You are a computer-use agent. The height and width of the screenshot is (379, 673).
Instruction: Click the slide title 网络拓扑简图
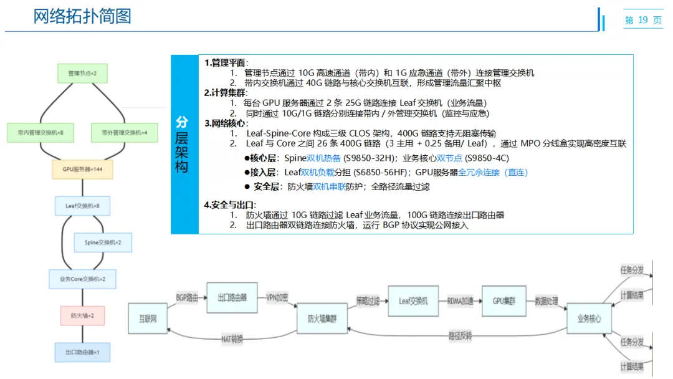tap(82, 16)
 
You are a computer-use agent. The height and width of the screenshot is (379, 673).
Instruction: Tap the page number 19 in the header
tap(643, 21)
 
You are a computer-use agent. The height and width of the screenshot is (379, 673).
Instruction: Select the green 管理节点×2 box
tap(82, 74)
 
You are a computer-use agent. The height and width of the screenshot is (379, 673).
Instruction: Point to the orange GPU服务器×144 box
tap(82, 169)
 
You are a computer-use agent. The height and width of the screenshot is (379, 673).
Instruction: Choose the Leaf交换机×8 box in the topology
tap(82, 205)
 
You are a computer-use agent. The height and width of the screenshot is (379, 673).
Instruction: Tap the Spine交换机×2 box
tap(103, 242)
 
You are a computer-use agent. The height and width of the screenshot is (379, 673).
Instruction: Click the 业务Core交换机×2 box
tap(82, 279)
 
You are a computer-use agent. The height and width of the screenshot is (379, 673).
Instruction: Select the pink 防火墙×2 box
tap(82, 315)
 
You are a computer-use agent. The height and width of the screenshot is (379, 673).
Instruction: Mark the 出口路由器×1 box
tap(82, 352)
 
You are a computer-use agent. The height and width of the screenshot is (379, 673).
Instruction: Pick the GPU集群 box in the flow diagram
tap(505, 300)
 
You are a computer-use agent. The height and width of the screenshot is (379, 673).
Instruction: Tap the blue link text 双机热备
tap(323, 158)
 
